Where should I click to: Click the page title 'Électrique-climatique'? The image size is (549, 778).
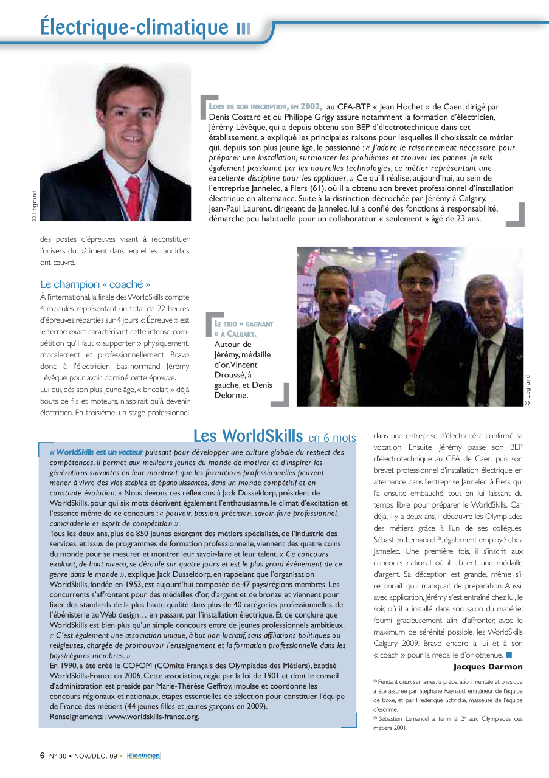point(134,27)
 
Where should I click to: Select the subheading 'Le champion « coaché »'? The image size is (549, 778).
point(95,284)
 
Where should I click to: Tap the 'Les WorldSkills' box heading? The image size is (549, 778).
point(247,436)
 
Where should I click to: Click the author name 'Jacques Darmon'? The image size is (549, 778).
point(488,667)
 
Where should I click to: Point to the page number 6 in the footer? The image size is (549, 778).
point(42,756)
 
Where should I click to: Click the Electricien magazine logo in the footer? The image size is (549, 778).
point(143,756)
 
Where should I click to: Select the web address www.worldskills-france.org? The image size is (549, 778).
point(153,716)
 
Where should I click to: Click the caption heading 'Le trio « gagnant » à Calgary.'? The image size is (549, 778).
point(243,329)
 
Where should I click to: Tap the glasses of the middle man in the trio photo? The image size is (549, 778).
point(418,284)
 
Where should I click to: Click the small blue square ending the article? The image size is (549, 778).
point(509,655)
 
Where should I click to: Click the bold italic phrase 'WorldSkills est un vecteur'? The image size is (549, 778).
point(100,452)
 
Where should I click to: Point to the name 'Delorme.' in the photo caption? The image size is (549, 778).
point(232,395)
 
